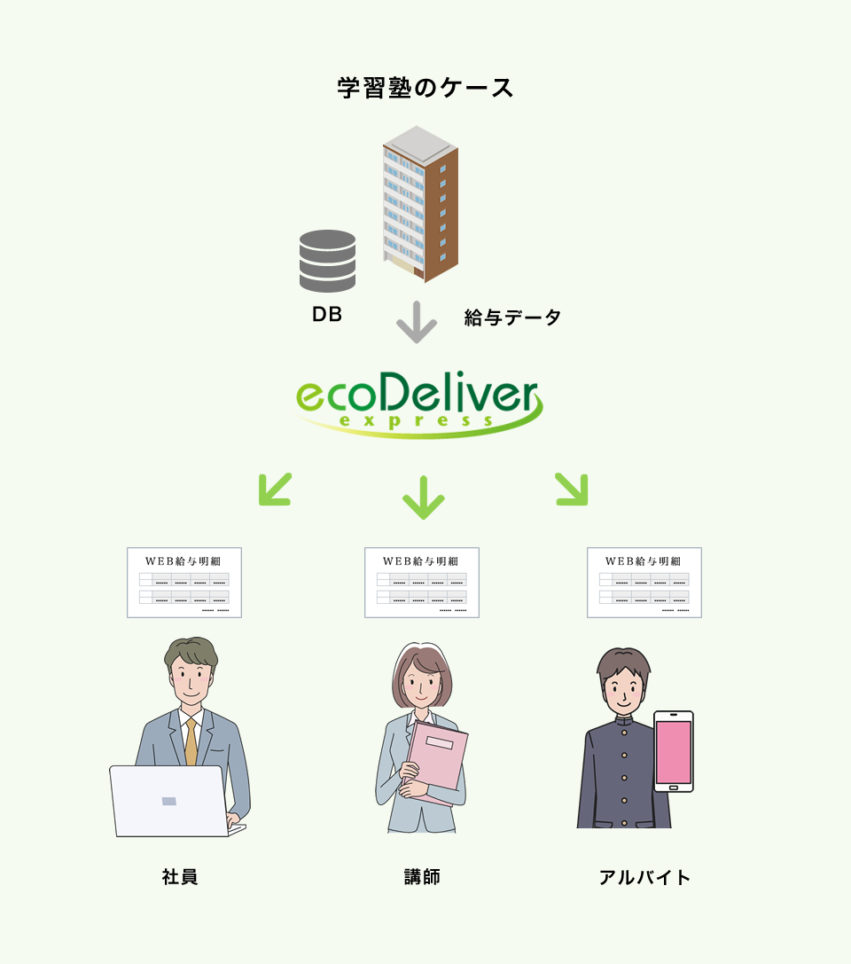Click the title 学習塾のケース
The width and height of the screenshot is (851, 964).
(x=425, y=89)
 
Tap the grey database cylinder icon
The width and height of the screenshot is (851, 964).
(x=328, y=261)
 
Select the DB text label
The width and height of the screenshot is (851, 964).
(x=327, y=314)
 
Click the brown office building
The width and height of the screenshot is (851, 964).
(x=421, y=204)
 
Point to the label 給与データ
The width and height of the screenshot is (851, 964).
(x=512, y=317)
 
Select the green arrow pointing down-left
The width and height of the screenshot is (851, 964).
(x=274, y=489)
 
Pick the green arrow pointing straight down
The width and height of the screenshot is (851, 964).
(x=423, y=497)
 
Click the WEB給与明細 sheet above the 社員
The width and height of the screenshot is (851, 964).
(x=184, y=582)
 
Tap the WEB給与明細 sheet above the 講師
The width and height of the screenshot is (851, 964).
(x=422, y=582)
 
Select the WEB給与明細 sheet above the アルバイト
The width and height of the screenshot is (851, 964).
(x=644, y=582)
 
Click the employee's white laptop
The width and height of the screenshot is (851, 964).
(x=168, y=801)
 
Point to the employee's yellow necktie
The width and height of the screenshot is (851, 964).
(x=191, y=742)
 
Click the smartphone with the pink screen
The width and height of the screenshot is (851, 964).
(x=674, y=751)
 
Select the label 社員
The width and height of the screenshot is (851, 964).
(x=180, y=877)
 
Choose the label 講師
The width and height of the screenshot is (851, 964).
(x=422, y=877)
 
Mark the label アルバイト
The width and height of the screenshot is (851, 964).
(x=644, y=878)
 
